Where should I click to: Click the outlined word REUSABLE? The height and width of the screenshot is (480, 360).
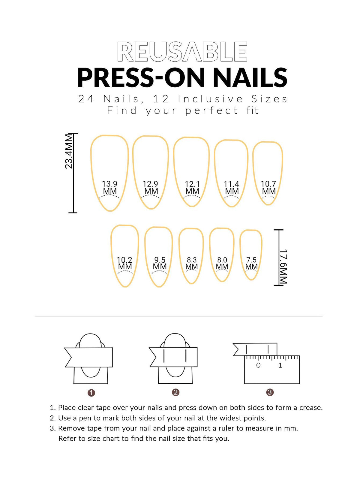point(182,52)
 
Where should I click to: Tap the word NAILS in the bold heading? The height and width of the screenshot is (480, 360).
point(250,77)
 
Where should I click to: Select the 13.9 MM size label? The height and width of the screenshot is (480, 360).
point(109,188)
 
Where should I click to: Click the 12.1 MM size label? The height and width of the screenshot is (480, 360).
point(192,188)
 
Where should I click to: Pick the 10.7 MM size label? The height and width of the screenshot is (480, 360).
point(268,188)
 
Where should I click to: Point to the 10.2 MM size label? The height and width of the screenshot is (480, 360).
point(124,263)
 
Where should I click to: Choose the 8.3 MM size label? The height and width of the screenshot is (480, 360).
point(192,263)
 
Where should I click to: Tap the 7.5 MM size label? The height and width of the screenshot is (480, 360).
point(251,263)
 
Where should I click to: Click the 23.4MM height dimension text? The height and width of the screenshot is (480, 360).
point(69,151)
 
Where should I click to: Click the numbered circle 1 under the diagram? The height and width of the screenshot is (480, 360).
point(91,393)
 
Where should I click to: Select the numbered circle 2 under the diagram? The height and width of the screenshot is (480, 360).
point(175,392)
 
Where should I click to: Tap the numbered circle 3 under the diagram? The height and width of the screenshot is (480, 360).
point(270,392)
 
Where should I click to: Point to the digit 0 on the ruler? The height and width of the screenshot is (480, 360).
point(258,365)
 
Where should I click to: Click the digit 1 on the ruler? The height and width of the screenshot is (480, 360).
point(280,365)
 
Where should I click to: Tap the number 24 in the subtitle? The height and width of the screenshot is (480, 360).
point(86,99)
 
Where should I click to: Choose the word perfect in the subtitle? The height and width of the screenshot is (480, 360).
point(211,110)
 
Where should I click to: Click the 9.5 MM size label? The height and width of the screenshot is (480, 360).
point(160,263)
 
